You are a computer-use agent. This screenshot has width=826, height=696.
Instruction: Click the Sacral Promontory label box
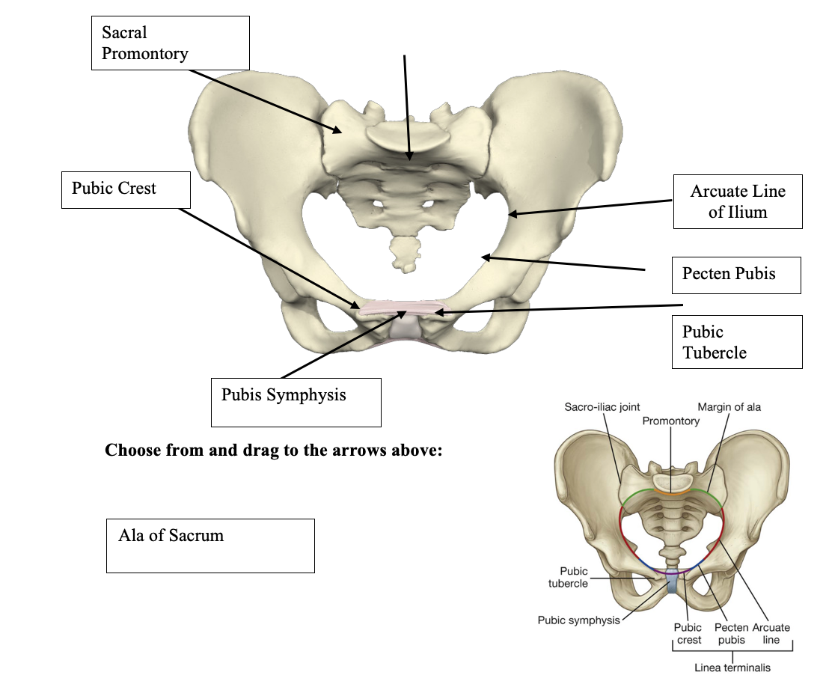coord(170,43)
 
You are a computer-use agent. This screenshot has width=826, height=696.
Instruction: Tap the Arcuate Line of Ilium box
coord(737,201)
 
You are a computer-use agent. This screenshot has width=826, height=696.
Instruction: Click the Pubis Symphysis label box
coord(296,402)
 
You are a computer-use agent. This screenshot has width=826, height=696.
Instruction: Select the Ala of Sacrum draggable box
coord(210,546)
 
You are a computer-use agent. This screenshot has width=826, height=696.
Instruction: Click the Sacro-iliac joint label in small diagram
coord(602,407)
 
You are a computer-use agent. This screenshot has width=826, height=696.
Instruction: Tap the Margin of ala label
coord(729,407)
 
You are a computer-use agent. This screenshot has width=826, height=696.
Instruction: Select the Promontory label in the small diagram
coord(670,421)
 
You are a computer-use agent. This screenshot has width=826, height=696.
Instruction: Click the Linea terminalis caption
coord(732,667)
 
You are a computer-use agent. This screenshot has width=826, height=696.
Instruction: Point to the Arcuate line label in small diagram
coord(771,634)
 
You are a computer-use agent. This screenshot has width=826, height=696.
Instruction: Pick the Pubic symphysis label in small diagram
coord(578,620)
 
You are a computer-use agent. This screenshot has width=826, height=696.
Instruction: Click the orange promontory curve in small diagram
coord(671,492)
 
